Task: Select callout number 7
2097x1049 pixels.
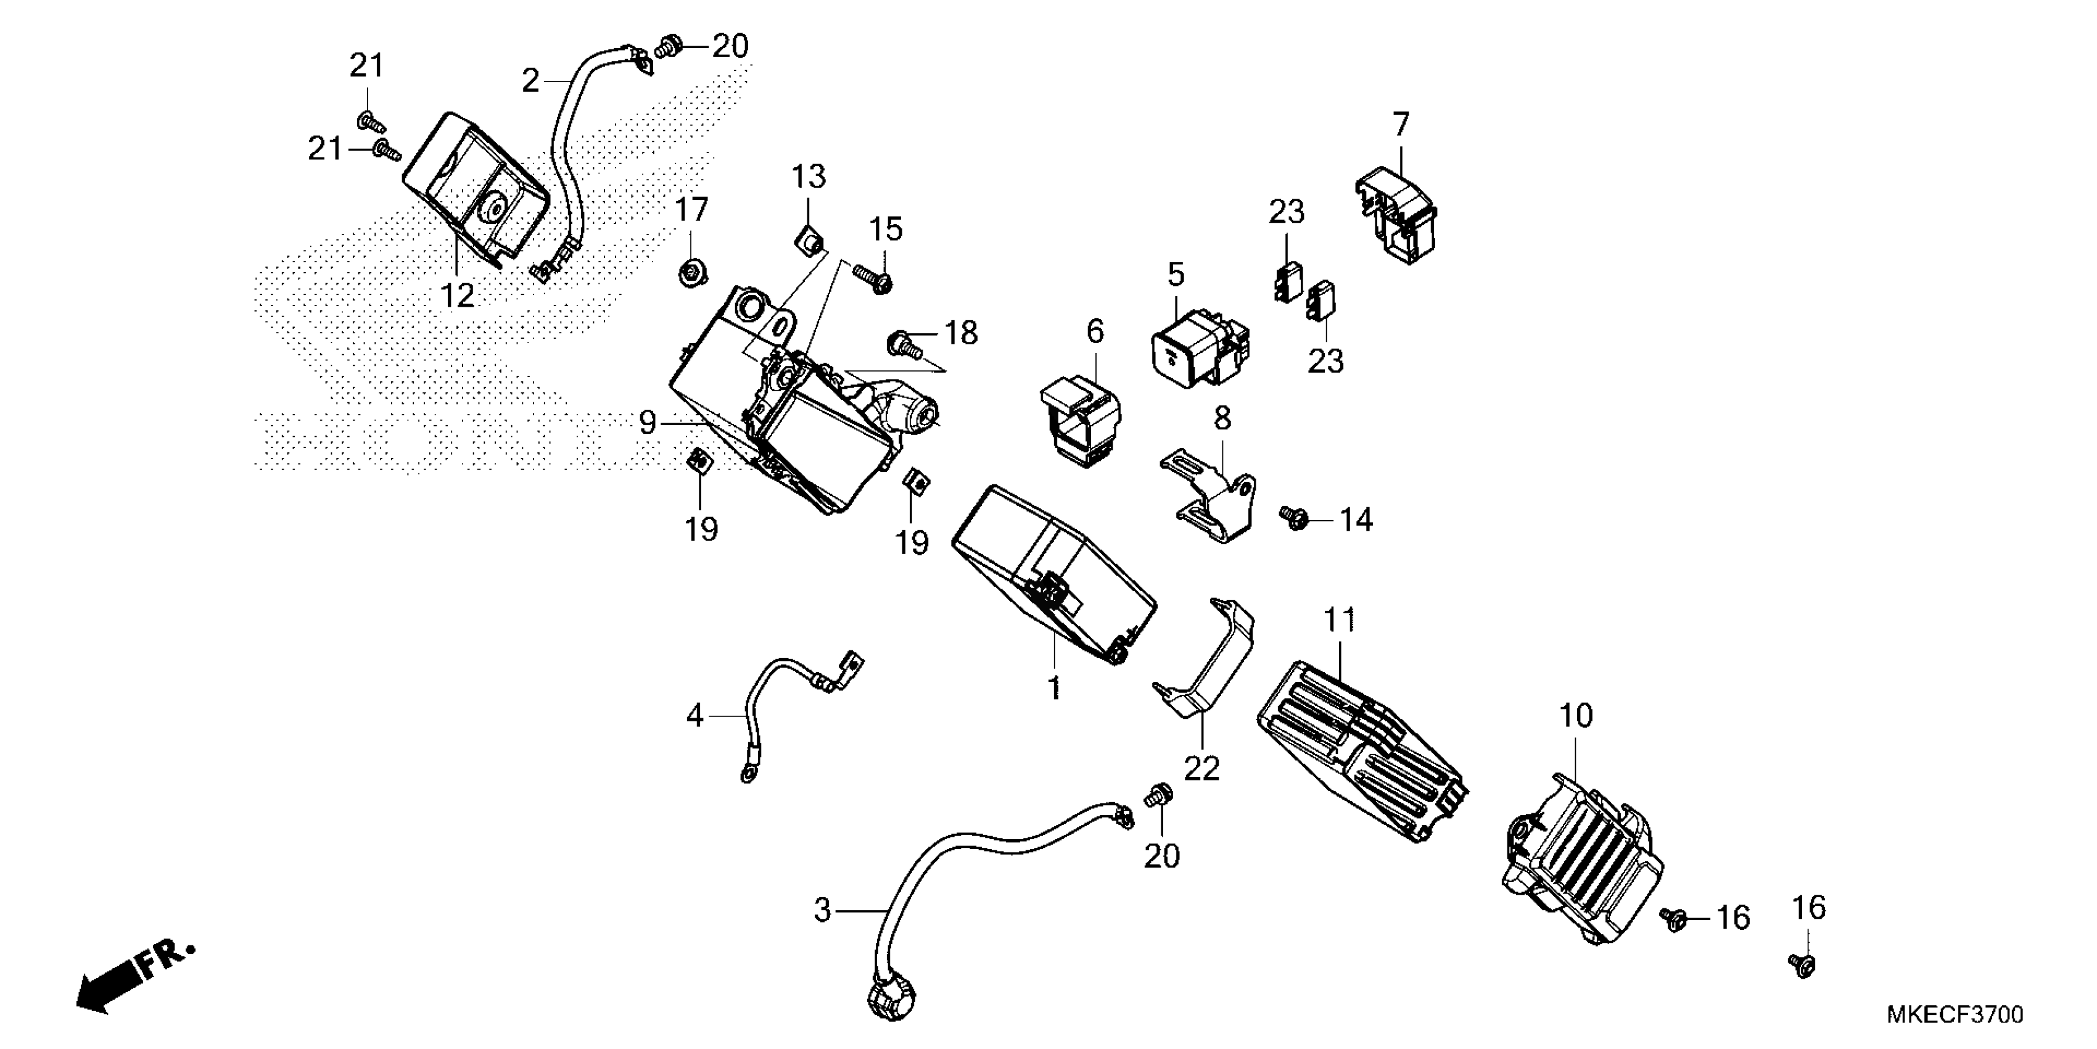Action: pyautogui.click(x=1400, y=124)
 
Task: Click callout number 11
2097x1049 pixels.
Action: pyautogui.click(x=1339, y=621)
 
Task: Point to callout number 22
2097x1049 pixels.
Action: pyautogui.click(x=1201, y=768)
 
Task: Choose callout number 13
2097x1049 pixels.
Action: pyautogui.click(x=809, y=176)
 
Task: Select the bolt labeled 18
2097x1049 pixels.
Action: pyautogui.click(x=905, y=343)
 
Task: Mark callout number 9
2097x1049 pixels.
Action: pyautogui.click(x=647, y=423)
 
